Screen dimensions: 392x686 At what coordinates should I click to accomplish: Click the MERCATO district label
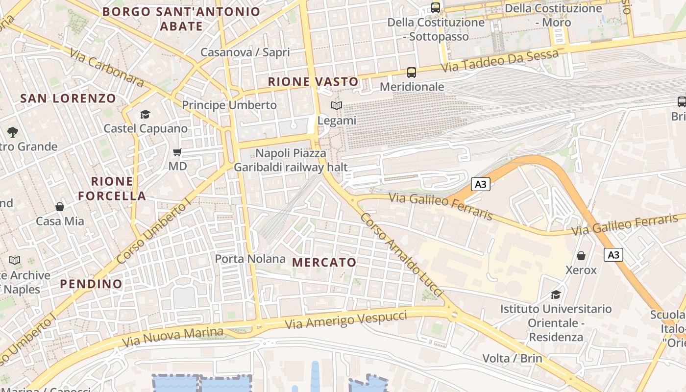point(324,262)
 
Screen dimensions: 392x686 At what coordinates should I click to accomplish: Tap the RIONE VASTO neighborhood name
point(313,82)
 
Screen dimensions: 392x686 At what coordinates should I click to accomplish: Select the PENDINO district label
point(91,284)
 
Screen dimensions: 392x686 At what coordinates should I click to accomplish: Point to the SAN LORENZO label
point(68,98)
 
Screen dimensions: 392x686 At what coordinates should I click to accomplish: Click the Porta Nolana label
point(250,259)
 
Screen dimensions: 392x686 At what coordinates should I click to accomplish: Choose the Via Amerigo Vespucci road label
point(346,319)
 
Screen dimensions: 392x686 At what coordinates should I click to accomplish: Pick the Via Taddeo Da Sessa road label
point(500,61)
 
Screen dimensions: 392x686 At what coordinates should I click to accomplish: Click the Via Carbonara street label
point(106,67)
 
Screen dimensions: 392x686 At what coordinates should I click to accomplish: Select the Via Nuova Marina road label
point(173,336)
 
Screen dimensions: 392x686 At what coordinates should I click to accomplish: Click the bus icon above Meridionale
point(412,73)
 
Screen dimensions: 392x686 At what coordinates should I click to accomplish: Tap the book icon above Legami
point(336,106)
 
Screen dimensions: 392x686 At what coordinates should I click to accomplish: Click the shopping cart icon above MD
point(177,152)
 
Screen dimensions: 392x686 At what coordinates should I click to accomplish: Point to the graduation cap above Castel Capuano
point(145,115)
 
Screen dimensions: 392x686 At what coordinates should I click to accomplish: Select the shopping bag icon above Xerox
point(581,256)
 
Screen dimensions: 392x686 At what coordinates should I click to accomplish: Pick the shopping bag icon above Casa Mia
point(60,207)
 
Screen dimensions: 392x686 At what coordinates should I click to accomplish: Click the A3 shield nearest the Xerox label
point(613,255)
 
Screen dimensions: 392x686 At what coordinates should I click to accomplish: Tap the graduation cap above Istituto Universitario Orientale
point(556,294)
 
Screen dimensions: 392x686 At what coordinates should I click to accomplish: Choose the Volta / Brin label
point(512,358)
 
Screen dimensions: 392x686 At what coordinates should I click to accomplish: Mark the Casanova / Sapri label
point(245,52)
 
